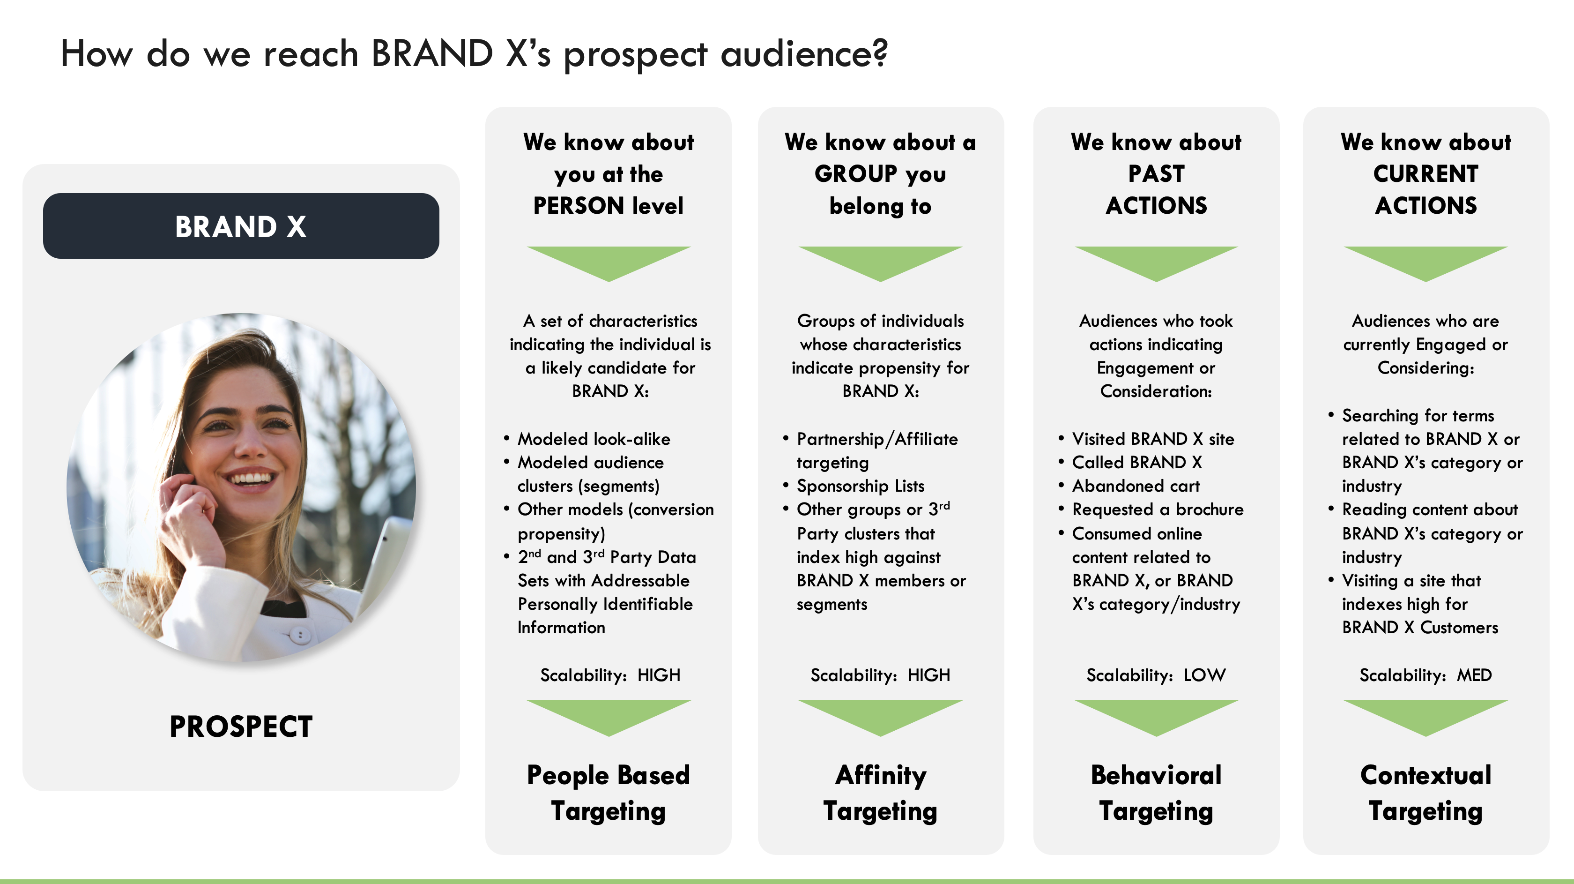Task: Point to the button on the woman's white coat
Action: point(299,635)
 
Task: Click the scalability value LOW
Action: point(1204,675)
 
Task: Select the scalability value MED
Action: point(1474,675)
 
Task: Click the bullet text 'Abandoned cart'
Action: point(1136,486)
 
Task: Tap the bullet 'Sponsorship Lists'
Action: point(861,486)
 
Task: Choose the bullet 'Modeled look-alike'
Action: point(594,439)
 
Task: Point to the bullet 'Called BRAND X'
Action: point(1136,462)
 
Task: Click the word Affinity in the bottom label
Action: point(881,776)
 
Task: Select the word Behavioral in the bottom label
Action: point(1156,775)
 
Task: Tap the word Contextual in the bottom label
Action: point(1426,775)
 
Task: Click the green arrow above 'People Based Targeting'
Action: point(609,718)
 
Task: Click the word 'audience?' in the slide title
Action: point(804,54)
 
